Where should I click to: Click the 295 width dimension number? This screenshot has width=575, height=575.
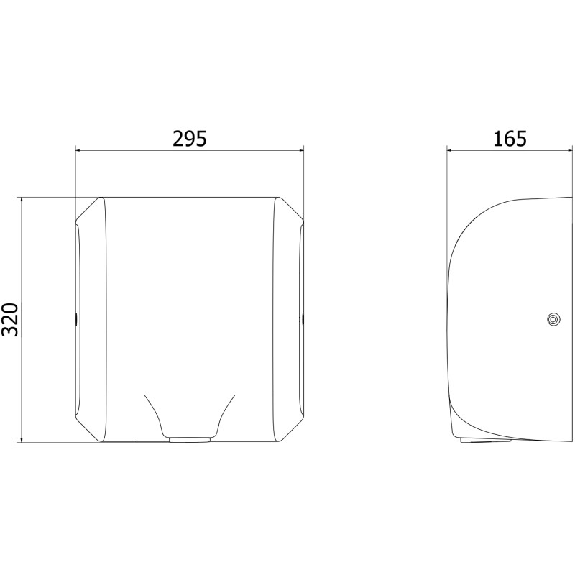190,139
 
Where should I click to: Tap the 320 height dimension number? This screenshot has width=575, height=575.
10,319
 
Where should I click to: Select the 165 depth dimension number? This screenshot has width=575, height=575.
510,139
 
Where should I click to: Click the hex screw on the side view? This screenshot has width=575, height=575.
552,319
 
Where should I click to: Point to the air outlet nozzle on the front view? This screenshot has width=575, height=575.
190,439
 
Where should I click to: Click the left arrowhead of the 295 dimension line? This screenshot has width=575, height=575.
78,151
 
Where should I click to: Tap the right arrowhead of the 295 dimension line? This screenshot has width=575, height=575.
300,151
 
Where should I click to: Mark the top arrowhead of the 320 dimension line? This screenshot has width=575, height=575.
22,201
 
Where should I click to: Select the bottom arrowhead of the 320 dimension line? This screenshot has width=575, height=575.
22,439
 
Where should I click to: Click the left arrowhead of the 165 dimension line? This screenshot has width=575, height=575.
450,149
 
